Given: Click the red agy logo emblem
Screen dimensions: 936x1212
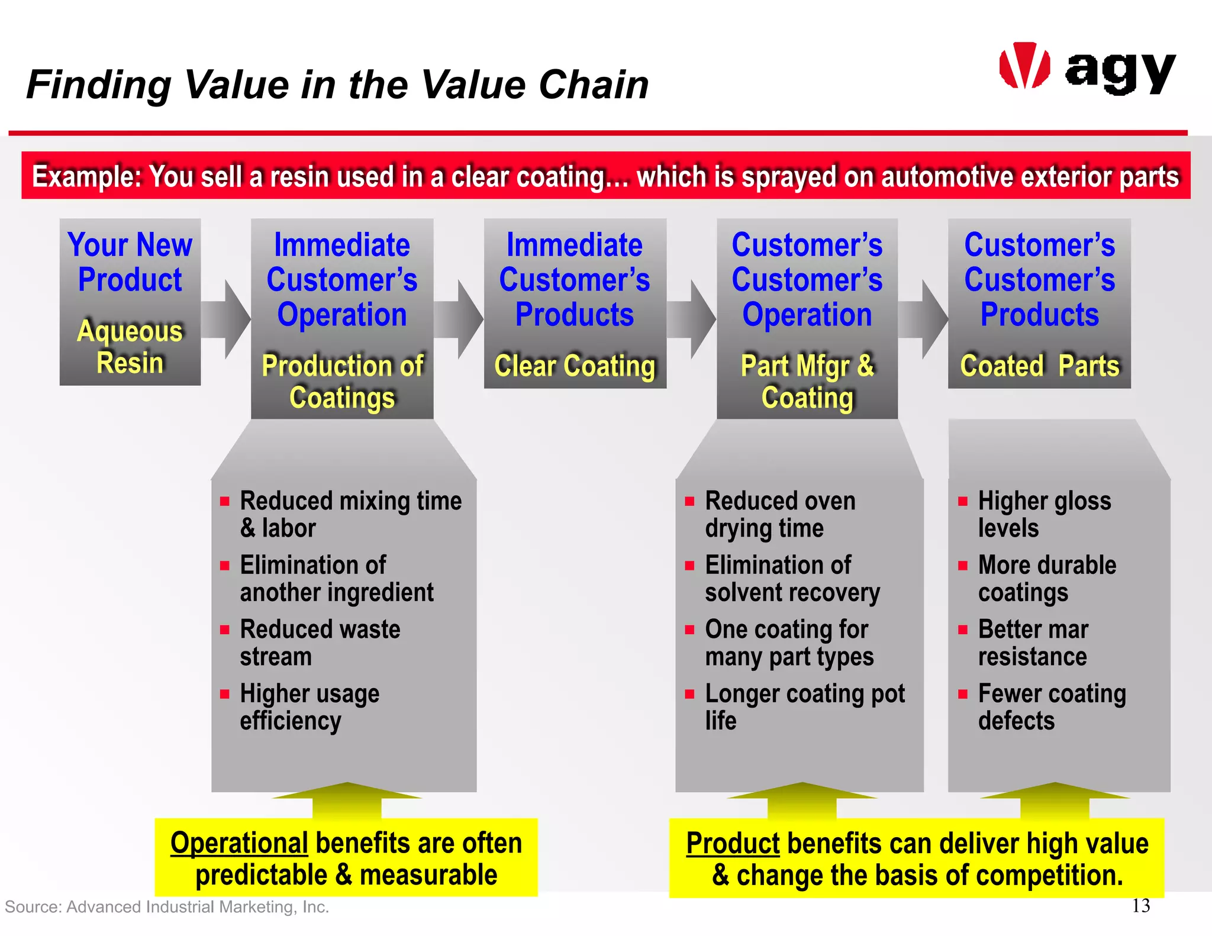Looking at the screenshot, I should (x=1024, y=66).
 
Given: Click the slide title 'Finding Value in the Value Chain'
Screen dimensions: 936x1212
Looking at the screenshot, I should (x=337, y=85).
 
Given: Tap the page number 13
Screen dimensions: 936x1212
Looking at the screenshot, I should (x=1140, y=905).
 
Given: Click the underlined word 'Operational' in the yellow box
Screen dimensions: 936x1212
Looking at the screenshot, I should (x=238, y=843).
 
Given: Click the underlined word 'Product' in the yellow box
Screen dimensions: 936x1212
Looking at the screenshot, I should (x=732, y=843).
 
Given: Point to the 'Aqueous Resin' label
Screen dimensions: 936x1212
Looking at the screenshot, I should (x=130, y=347).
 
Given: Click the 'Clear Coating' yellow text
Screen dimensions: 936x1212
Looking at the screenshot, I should (x=575, y=366).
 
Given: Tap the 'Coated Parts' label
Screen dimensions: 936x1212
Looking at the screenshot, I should (x=1039, y=366).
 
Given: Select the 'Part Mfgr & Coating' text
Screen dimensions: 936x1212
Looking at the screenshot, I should (x=807, y=382).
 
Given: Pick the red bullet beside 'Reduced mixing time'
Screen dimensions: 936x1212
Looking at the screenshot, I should (x=225, y=502).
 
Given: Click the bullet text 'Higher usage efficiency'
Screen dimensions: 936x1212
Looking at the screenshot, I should (x=310, y=707).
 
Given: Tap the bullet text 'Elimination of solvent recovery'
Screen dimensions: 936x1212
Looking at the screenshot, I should (x=792, y=579).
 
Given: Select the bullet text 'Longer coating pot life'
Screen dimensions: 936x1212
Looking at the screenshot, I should (x=804, y=707).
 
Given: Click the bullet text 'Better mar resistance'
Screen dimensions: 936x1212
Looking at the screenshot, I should (x=1033, y=643).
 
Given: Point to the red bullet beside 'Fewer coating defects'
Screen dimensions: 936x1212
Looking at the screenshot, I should (x=963, y=694).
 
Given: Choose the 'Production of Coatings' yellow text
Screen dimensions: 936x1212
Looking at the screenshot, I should (x=342, y=382).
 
